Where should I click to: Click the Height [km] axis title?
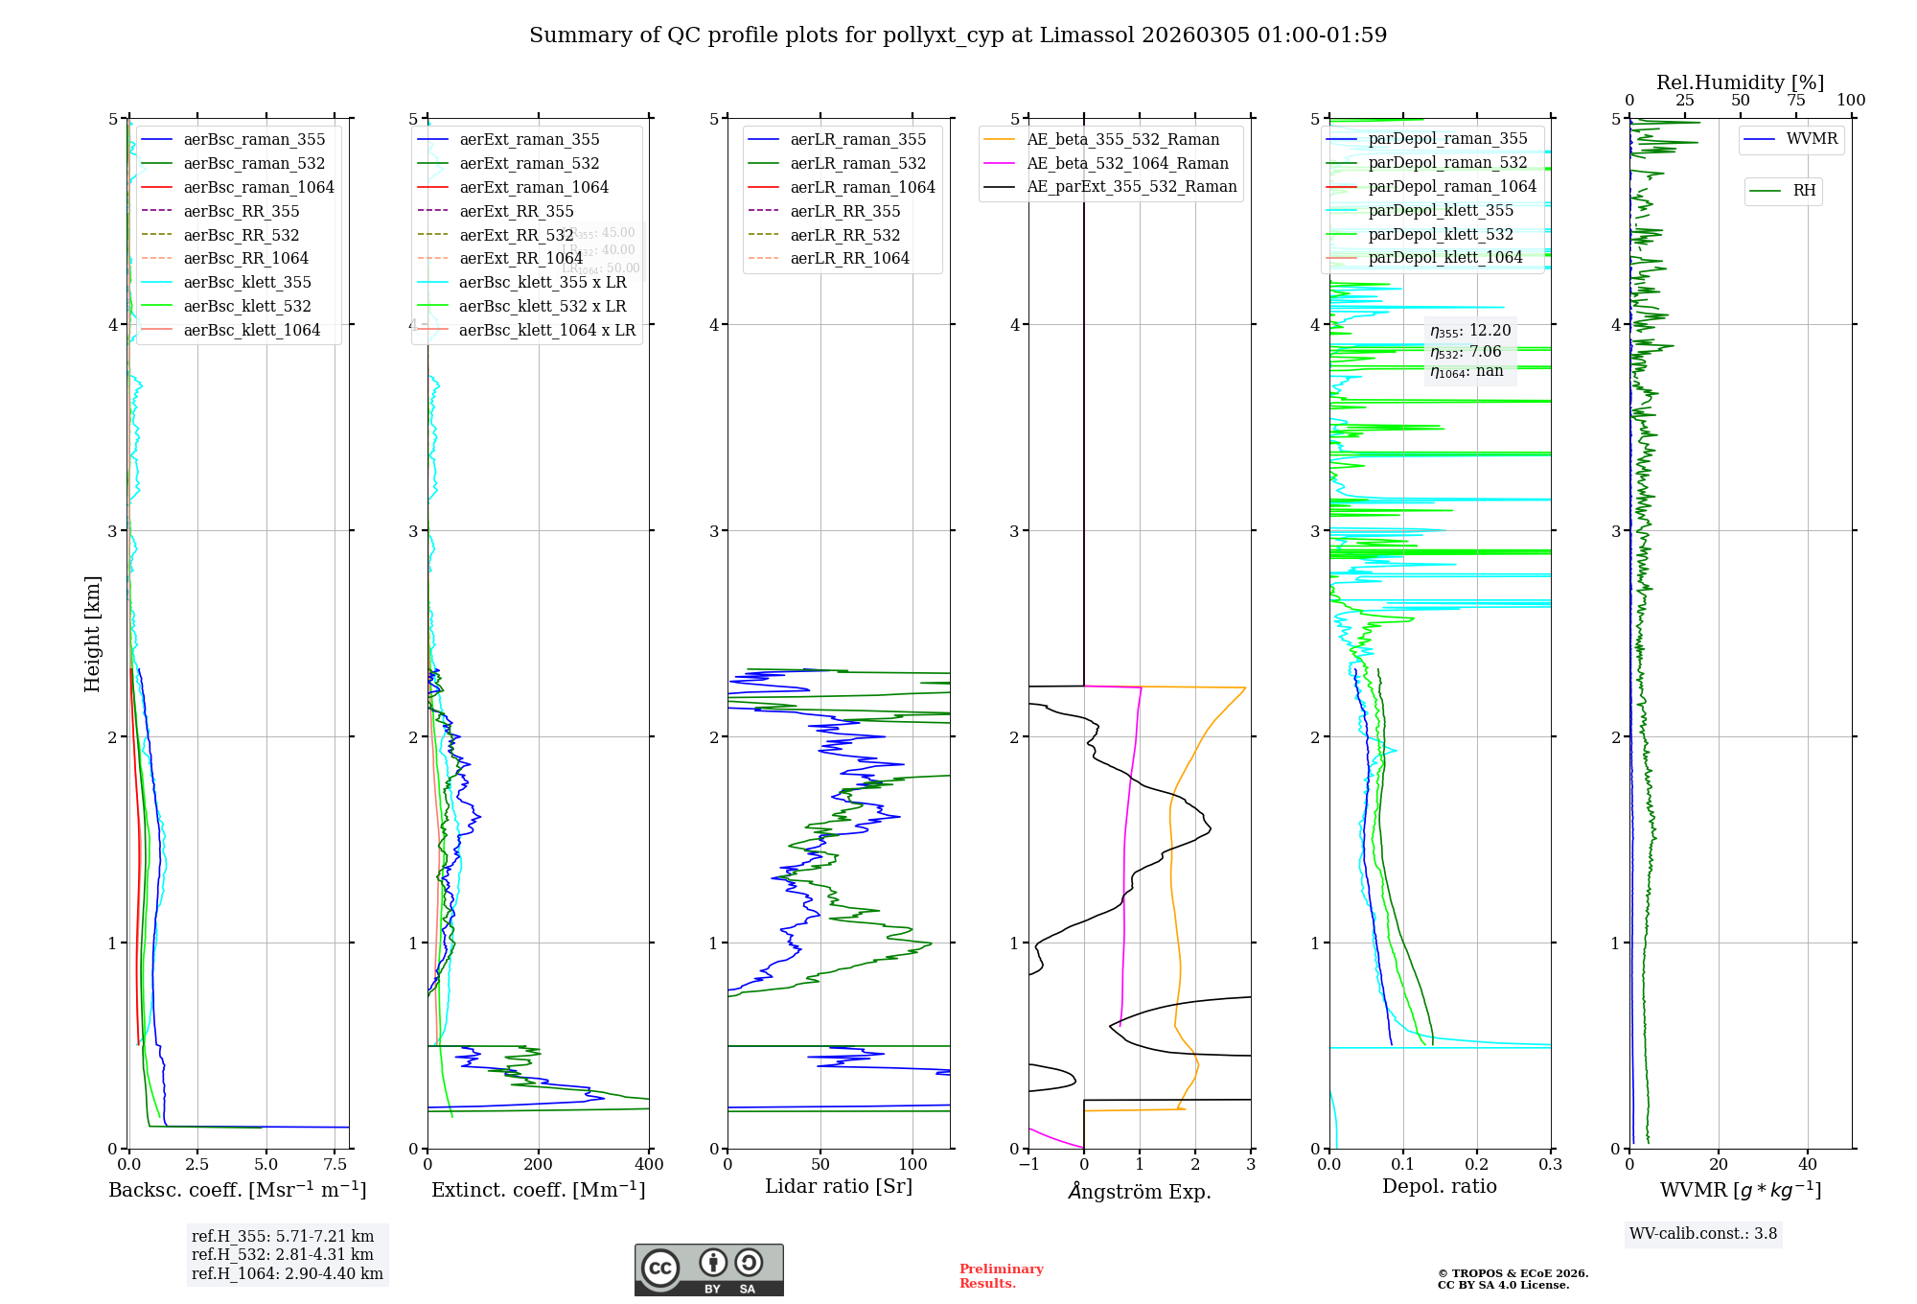click(x=92, y=634)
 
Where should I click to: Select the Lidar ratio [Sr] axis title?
click(x=838, y=1186)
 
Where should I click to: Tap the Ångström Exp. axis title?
click(x=1139, y=1191)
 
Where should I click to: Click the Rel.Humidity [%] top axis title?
click(x=1740, y=82)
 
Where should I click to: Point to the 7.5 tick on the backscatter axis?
click(x=335, y=1165)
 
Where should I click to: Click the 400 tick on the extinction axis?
click(x=649, y=1165)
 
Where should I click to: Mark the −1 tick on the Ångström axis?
click(x=1028, y=1165)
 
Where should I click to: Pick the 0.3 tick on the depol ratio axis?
click(x=1550, y=1165)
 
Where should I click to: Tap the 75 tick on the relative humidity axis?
click(x=1795, y=101)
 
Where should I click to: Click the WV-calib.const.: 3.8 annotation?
click(x=1702, y=1234)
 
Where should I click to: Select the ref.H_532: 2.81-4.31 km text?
click(x=282, y=1254)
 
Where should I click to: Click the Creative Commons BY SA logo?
click(x=708, y=1269)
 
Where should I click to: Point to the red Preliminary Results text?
click(x=1001, y=1276)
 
